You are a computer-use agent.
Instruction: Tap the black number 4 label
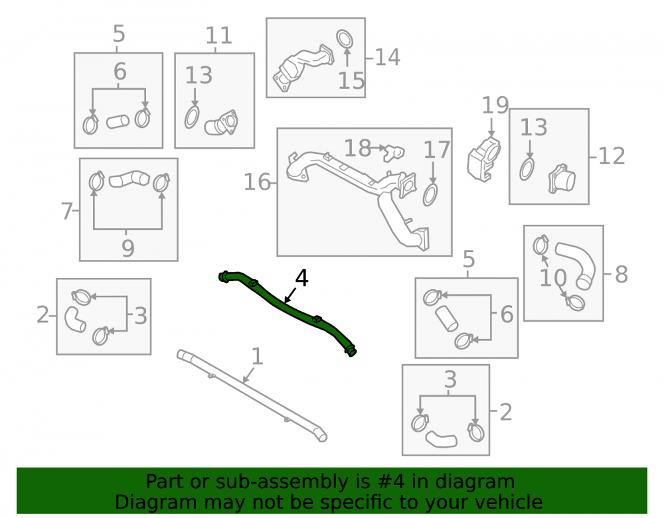coord(301,279)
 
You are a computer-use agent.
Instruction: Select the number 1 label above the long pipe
coord(257,356)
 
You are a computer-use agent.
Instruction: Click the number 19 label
coord(495,105)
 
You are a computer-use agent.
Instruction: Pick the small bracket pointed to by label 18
coord(394,153)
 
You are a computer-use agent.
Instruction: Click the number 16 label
coord(257,182)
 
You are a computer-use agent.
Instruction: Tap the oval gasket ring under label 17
coord(430,195)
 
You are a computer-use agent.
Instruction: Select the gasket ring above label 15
coord(345,39)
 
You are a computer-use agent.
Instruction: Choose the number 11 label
coord(218,36)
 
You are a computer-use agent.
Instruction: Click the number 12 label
coord(612,156)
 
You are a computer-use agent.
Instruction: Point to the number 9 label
coord(128,248)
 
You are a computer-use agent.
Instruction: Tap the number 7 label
coord(67,211)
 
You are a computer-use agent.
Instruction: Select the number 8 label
coord(621,275)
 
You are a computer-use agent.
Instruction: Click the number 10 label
coord(553,278)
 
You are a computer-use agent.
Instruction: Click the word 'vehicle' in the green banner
coord(509,502)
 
